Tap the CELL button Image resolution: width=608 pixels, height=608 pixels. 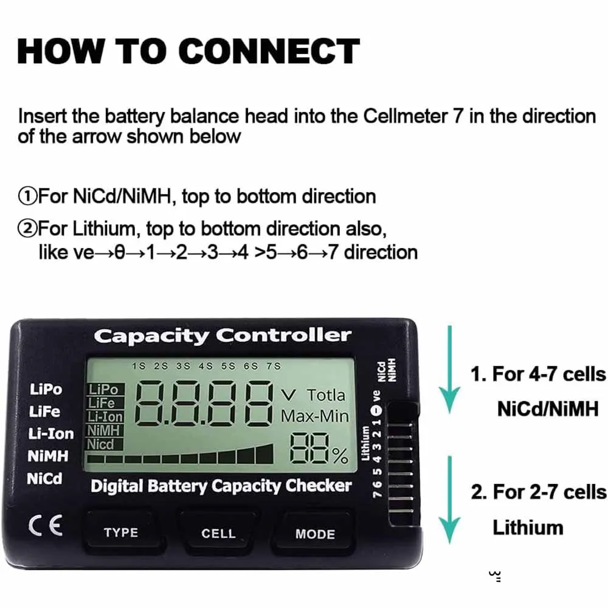click(x=218, y=533)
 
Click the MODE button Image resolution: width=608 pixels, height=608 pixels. click(x=315, y=534)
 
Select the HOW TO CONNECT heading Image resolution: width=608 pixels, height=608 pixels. click(x=188, y=52)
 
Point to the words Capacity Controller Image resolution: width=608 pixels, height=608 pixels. click(x=222, y=335)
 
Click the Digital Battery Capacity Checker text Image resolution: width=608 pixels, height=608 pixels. click(x=221, y=486)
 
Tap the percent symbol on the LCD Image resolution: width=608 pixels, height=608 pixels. click(x=339, y=456)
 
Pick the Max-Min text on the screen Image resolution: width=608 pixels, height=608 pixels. click(x=315, y=416)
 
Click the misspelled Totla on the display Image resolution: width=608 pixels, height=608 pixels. click(x=326, y=395)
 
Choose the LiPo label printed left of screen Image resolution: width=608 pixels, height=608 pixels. click(x=46, y=389)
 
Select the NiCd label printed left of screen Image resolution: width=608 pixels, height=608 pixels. click(x=44, y=478)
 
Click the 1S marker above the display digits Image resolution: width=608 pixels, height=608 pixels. click(x=139, y=366)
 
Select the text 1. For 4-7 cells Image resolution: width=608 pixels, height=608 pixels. click(x=538, y=374)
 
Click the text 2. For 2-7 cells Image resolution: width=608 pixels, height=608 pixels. click(x=538, y=491)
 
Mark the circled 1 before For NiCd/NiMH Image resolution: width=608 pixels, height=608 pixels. click(x=28, y=197)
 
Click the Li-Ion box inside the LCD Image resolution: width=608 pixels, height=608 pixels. click(x=106, y=416)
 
